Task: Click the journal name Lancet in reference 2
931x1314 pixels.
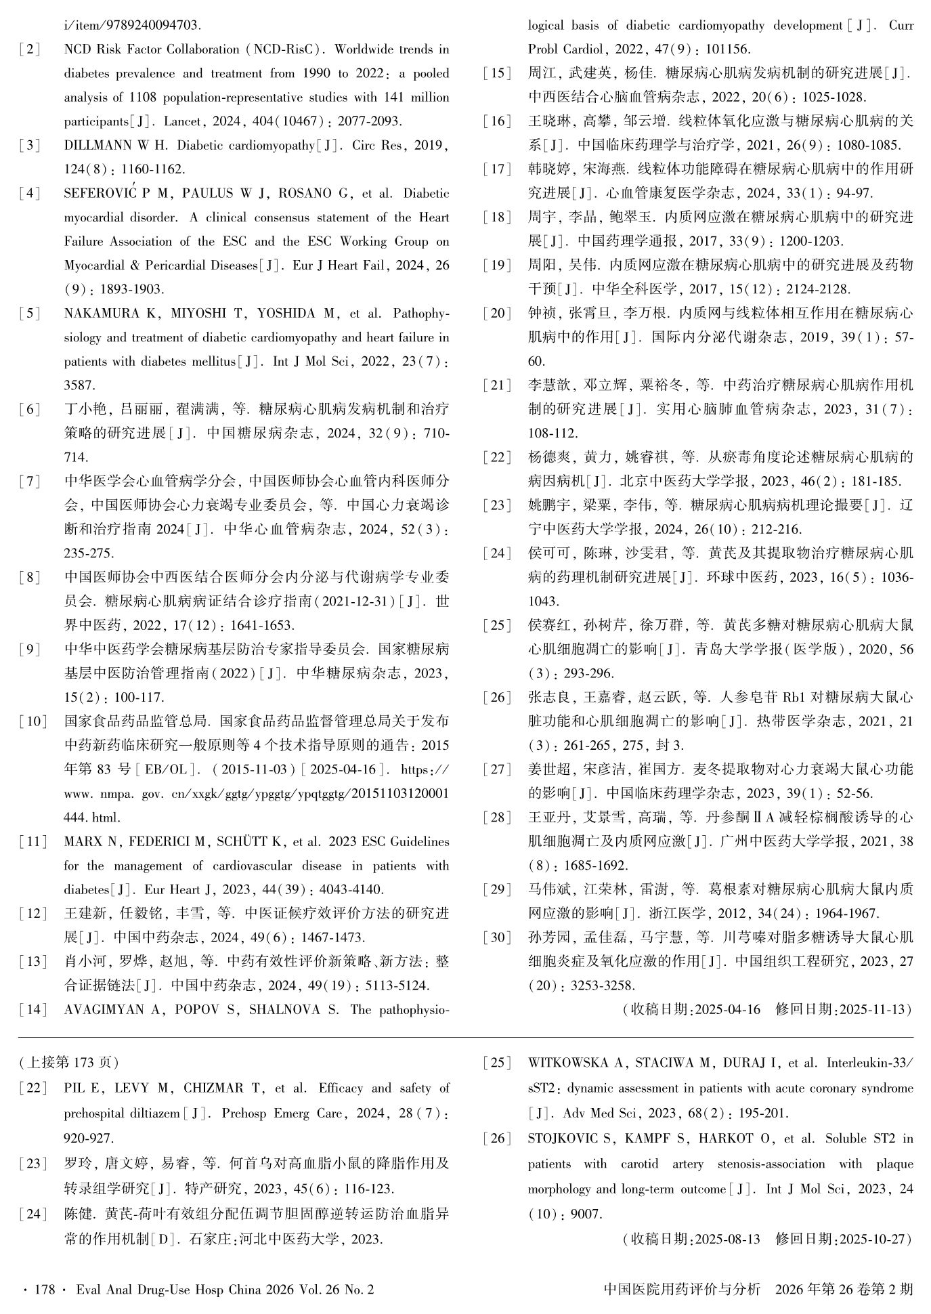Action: [x=184, y=122]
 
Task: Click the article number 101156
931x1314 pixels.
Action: [x=728, y=49]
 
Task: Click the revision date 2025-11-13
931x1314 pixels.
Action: [x=874, y=1010]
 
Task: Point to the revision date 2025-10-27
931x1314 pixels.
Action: [x=874, y=1239]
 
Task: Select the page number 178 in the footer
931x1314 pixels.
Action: [x=44, y=1290]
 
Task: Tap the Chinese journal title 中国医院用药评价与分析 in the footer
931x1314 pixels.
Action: [x=682, y=1290]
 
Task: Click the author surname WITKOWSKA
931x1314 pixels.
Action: [x=577, y=1063]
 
